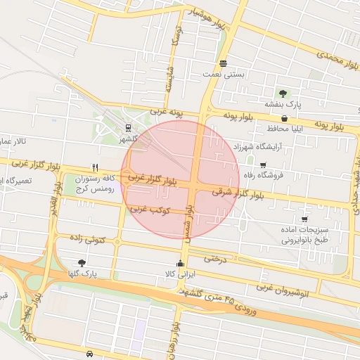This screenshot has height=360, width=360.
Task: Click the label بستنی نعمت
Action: point(223,74)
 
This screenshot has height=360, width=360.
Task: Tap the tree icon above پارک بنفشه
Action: point(283,93)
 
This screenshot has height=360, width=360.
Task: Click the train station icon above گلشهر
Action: point(128,127)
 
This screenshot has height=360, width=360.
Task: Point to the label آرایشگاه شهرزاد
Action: point(260,147)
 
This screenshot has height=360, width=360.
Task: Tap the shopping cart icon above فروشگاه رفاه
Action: point(263,164)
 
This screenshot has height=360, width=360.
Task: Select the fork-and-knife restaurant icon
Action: point(95,168)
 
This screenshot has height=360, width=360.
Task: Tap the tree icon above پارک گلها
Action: point(82,262)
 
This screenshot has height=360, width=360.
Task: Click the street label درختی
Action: point(216,258)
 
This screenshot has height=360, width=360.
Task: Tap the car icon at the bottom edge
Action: point(90,353)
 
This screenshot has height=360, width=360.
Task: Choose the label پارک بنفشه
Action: point(288,104)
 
